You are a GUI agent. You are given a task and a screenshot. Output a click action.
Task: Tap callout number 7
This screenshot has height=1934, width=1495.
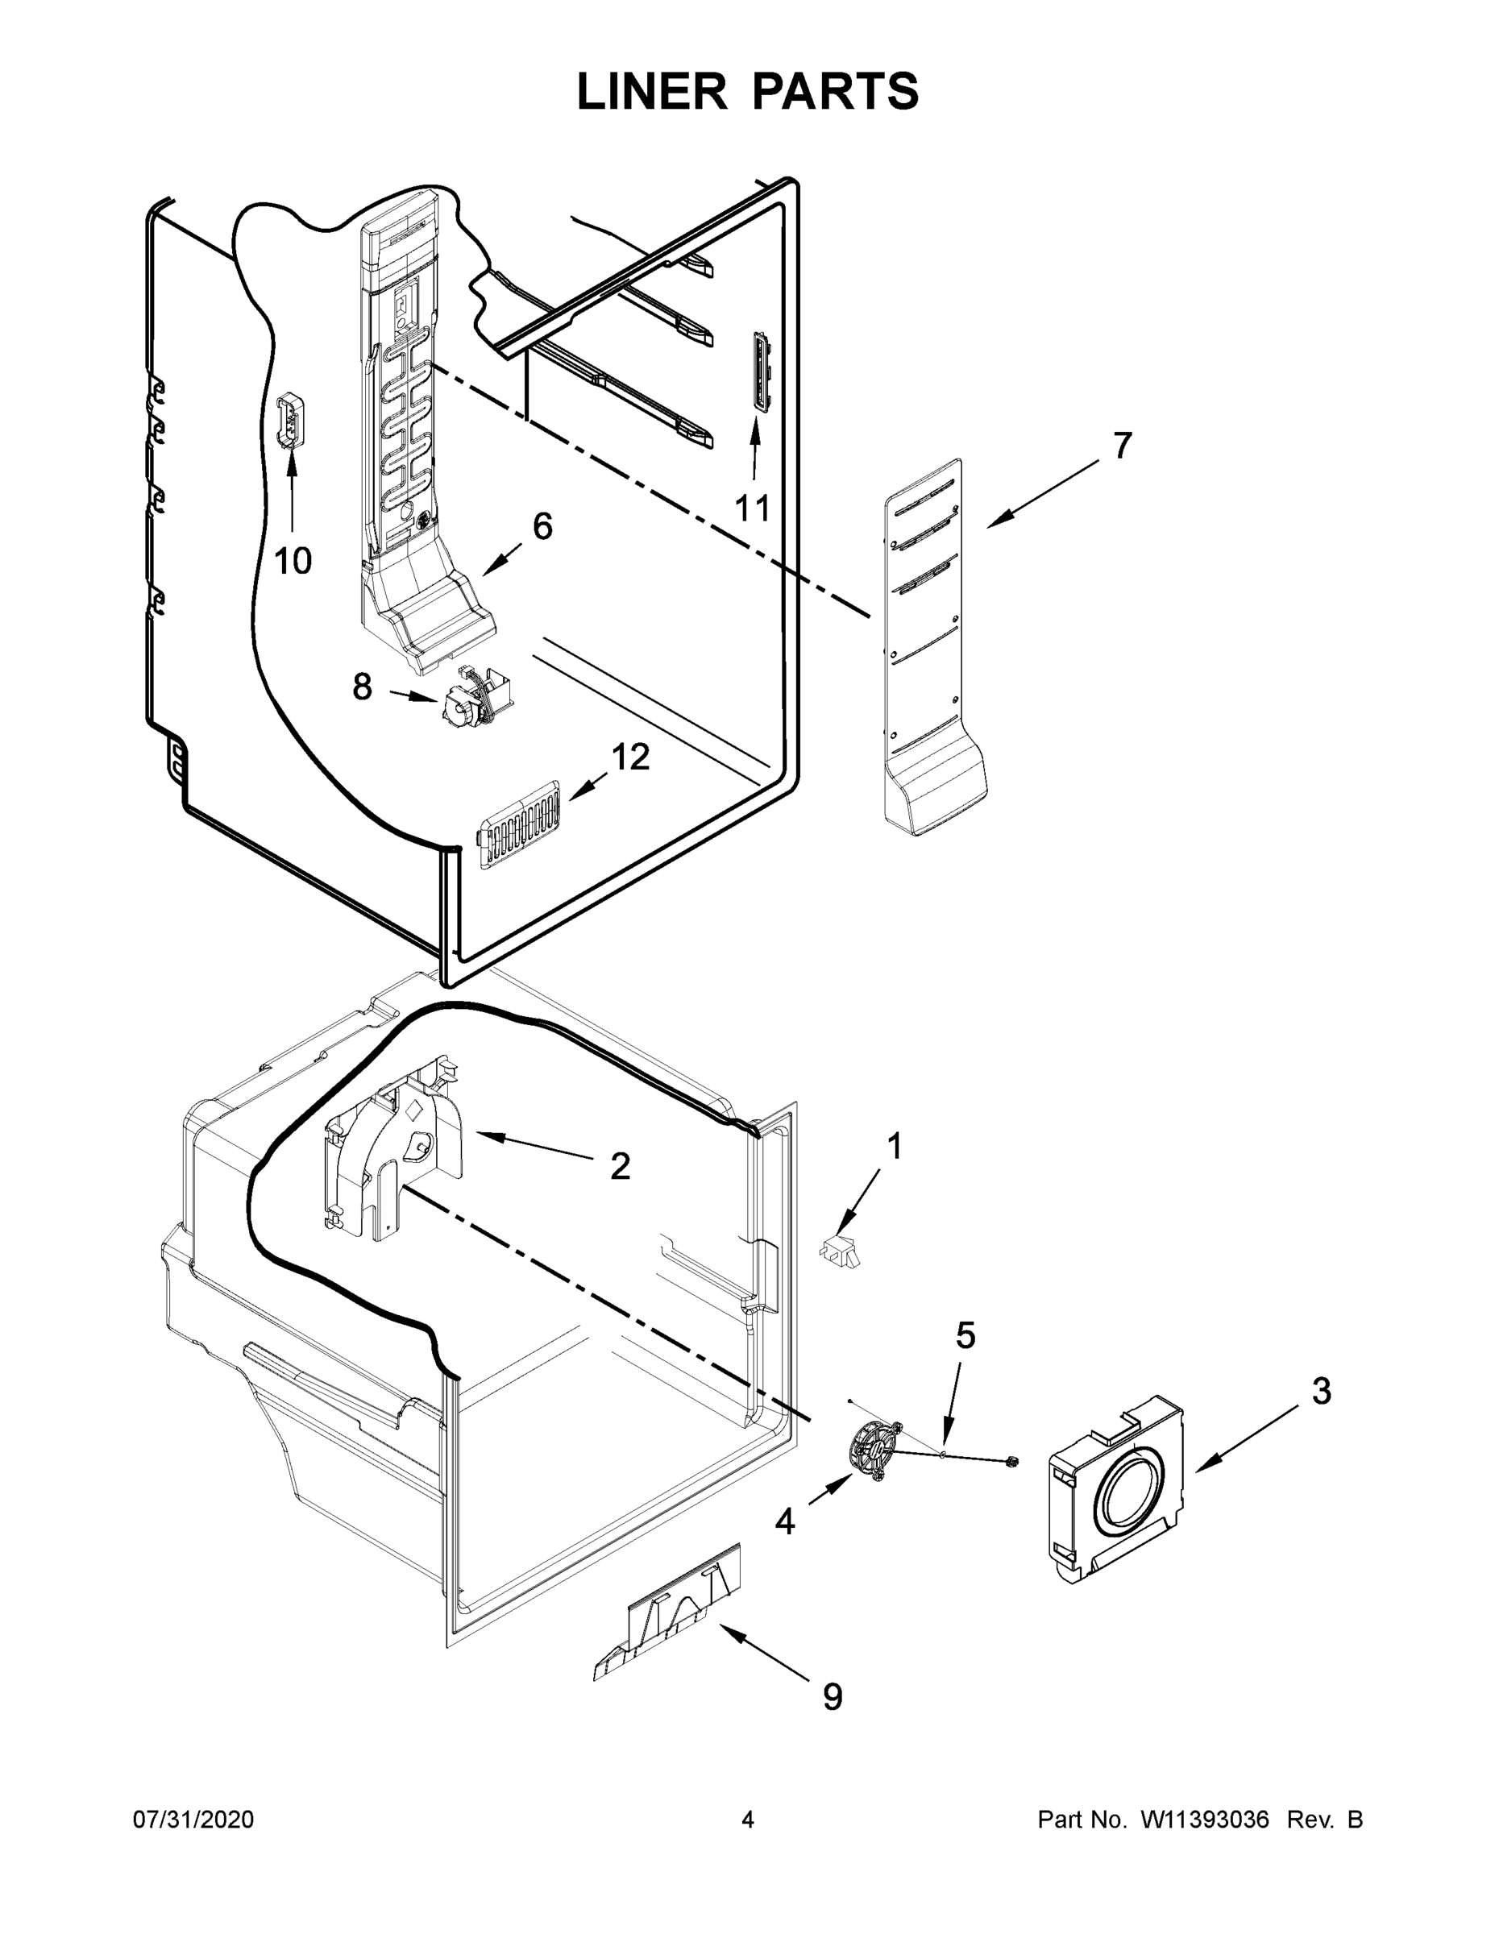pyautogui.click(x=1122, y=446)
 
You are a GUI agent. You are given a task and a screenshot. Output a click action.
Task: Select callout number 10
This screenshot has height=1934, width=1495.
pyautogui.click(x=293, y=561)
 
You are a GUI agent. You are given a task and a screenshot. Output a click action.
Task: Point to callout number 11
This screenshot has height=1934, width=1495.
pyautogui.click(x=753, y=508)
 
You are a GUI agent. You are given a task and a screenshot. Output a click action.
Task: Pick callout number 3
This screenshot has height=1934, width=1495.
pyautogui.click(x=1321, y=1391)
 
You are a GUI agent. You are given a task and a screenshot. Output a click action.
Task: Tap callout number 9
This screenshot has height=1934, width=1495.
pyautogui.click(x=833, y=1696)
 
